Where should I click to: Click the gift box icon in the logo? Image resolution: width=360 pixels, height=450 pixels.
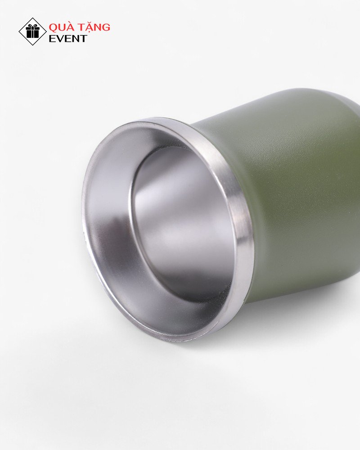click(x=32, y=31)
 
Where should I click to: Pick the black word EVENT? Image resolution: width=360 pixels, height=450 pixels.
click(x=67, y=38)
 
